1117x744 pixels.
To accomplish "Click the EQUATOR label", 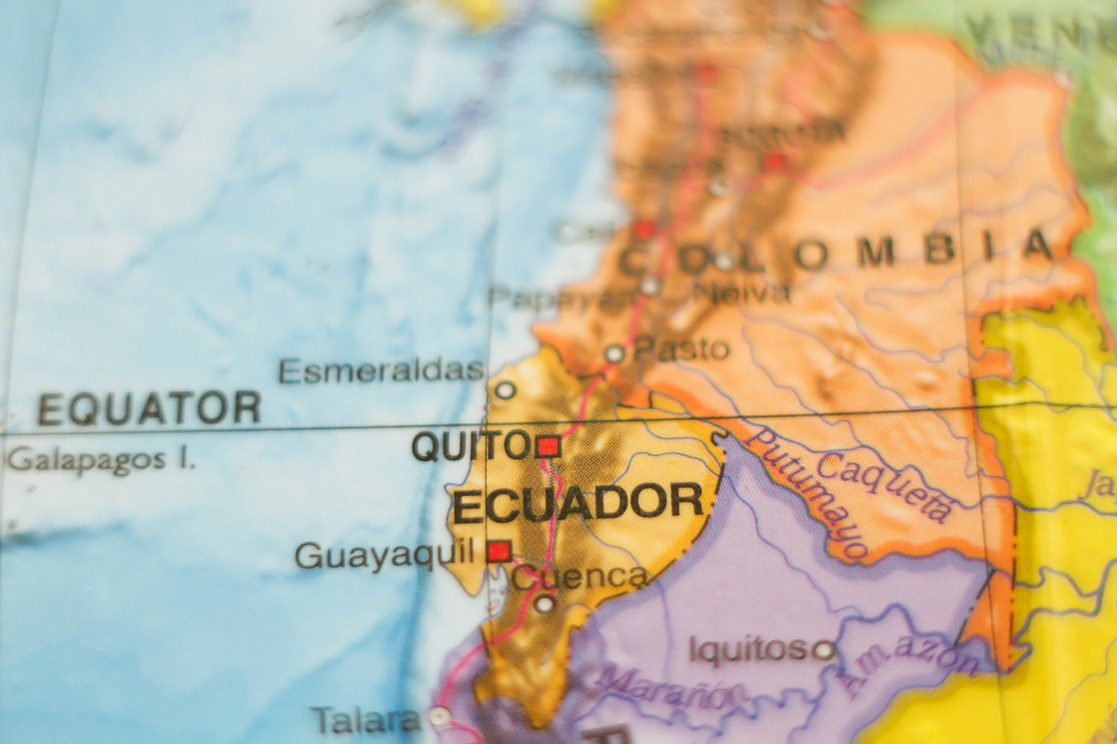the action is tap(149, 408).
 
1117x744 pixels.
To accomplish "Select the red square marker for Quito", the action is tap(548, 447).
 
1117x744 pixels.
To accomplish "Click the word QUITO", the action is tap(471, 446).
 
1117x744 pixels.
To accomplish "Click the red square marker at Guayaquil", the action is tap(499, 550).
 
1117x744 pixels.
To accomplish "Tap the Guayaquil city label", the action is tap(384, 555).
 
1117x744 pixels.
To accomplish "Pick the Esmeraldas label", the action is tap(381, 371).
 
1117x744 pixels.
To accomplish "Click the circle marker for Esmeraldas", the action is tap(505, 390).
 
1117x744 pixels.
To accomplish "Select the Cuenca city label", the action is tap(579, 576).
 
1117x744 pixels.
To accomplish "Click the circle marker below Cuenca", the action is tap(544, 604).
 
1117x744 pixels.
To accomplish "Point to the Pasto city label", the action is tap(682, 349).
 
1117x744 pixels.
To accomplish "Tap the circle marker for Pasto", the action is tap(614, 354).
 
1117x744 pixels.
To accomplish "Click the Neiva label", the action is tap(742, 292).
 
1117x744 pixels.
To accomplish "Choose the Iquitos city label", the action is tap(747, 650).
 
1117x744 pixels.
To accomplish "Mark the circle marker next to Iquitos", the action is tap(822, 650).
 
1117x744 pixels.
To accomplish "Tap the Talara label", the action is tap(365, 720).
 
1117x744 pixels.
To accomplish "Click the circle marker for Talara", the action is tap(439, 717).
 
